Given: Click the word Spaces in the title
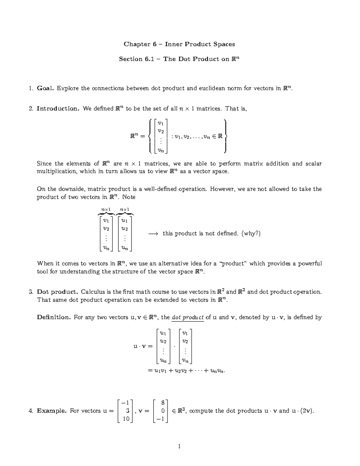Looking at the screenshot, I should point(224,44).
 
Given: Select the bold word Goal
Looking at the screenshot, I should point(46,88).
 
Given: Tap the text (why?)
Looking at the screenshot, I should point(251,233).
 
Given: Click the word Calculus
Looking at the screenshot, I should point(93,292).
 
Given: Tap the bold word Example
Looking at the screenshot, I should point(52,411).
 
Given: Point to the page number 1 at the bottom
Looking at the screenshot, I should point(180,447).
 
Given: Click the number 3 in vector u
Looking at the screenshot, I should point(127,411).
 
